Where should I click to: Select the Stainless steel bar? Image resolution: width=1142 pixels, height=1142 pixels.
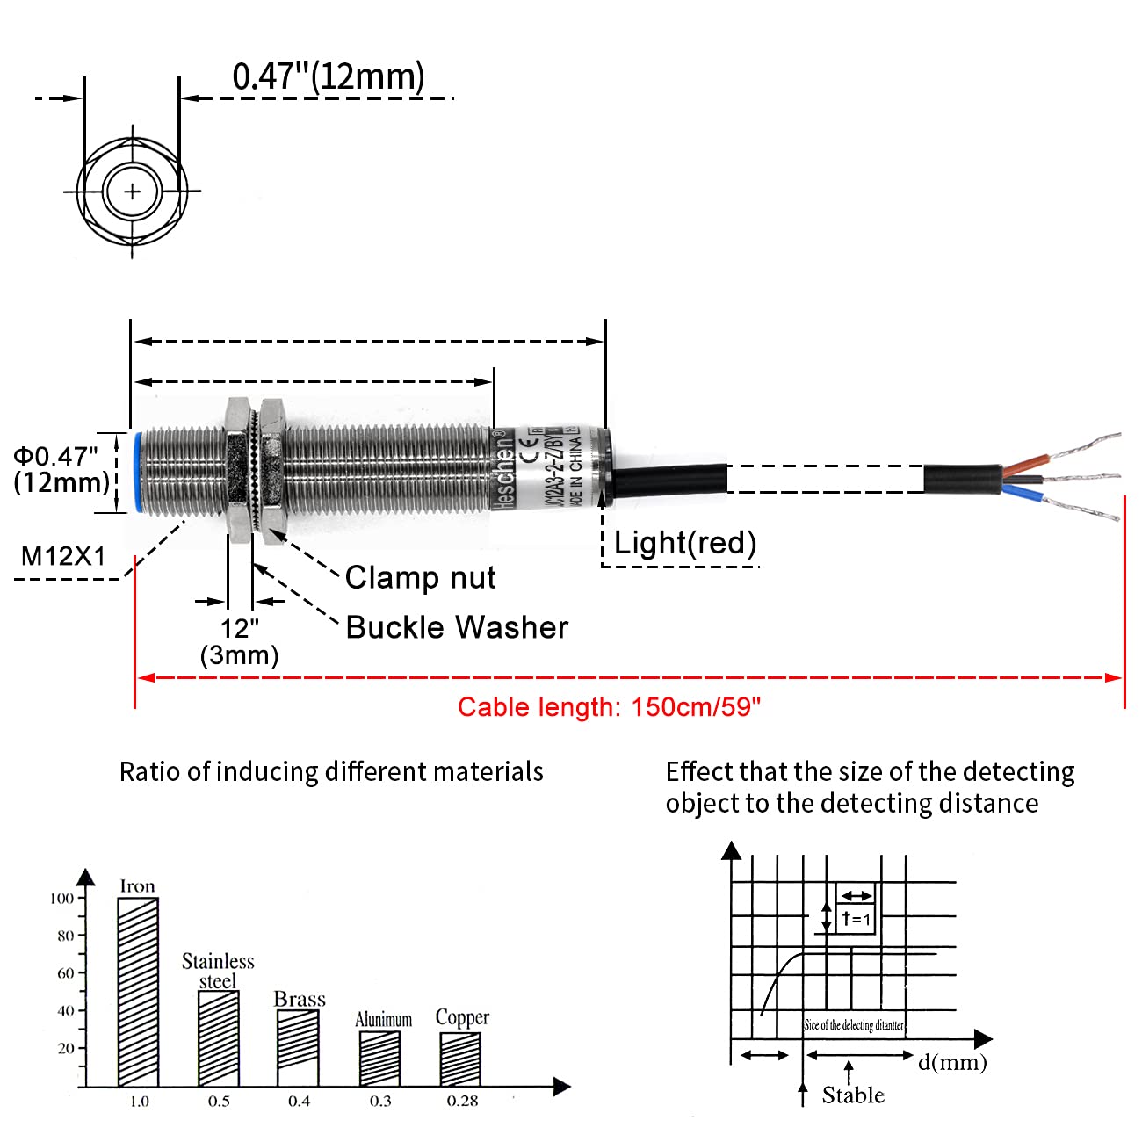tap(218, 1038)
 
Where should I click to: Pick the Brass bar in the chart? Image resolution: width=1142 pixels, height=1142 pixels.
tap(298, 1048)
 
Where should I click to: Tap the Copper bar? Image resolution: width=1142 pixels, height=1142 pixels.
tap(460, 1059)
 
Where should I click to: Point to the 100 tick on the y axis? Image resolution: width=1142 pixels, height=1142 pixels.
tap(61, 898)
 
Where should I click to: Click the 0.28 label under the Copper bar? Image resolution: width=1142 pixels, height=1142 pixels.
tap(462, 1102)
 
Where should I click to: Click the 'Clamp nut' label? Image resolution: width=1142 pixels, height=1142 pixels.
tap(420, 577)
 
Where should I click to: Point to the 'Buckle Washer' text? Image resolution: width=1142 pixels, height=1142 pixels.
tap(457, 627)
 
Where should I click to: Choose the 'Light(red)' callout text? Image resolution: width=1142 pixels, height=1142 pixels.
tap(684, 543)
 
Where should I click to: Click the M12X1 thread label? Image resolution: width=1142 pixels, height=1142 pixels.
tap(63, 556)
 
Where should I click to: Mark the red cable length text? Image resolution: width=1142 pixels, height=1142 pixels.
tap(609, 707)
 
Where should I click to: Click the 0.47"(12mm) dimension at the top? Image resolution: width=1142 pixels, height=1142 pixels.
tap(328, 76)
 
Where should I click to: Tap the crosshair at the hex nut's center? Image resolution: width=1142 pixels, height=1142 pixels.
tap(132, 191)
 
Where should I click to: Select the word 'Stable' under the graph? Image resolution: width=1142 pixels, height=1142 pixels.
tap(853, 1095)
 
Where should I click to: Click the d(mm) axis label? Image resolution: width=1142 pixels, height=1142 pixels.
tap(952, 1062)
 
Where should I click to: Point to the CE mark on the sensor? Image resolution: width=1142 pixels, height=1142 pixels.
tap(531, 456)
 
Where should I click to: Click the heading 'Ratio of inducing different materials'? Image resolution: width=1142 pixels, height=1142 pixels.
tap(331, 771)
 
